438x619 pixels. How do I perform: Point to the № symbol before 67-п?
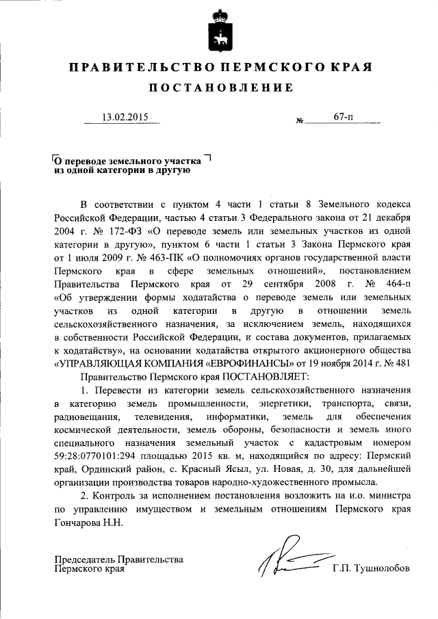tap(299, 121)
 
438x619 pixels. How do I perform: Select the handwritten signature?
tap(287, 560)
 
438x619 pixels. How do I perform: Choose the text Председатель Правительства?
tap(119, 559)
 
